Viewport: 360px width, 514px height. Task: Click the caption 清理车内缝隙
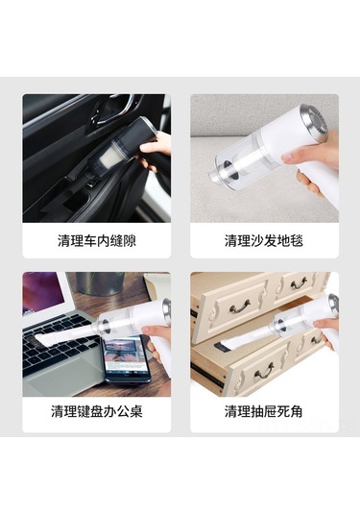tap(97, 240)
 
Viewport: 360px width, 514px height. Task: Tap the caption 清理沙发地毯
tap(264, 240)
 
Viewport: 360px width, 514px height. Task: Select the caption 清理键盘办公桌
tap(97, 411)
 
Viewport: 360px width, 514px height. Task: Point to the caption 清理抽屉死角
tap(264, 411)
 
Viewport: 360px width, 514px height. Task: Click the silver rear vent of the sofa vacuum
tap(315, 121)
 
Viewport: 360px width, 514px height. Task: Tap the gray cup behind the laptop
tap(100, 283)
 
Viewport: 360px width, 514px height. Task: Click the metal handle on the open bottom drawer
tap(264, 371)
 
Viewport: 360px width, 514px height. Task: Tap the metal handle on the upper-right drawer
tap(299, 282)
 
